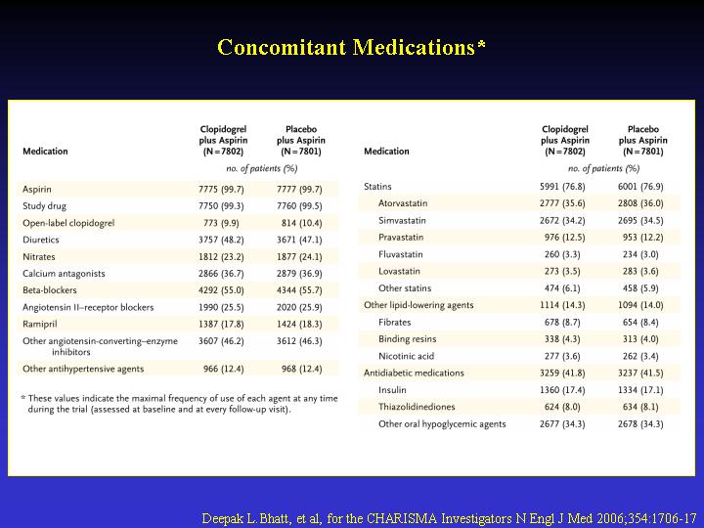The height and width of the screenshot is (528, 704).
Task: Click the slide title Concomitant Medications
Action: tap(351, 47)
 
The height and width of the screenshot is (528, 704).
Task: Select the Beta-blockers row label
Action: tap(50, 290)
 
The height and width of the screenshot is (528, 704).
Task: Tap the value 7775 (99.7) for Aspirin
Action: tap(221, 190)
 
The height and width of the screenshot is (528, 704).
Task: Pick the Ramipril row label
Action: tap(40, 325)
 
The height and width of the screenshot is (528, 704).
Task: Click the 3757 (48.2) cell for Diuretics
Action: tap(221, 240)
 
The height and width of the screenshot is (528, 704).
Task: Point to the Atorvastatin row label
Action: tap(403, 203)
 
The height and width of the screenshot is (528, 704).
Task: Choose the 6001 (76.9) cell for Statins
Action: tap(640, 187)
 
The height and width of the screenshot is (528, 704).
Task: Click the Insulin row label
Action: tap(392, 390)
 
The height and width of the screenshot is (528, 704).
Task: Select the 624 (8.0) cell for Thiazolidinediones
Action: tap(562, 407)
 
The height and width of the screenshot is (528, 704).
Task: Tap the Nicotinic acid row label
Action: tap(407, 356)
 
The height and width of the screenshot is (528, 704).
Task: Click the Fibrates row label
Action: tap(395, 322)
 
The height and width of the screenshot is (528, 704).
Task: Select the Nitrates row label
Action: tap(39, 257)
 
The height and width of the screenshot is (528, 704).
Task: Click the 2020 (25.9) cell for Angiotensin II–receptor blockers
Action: tap(299, 308)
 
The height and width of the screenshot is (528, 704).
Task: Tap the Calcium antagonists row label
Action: tap(64, 274)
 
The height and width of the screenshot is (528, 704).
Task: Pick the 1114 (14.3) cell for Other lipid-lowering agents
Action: tap(562, 305)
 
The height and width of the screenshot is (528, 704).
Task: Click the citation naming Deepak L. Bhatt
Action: tap(449, 518)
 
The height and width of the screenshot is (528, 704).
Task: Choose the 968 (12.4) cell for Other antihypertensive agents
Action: tap(302, 369)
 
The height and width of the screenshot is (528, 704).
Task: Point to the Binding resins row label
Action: tap(407, 339)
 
